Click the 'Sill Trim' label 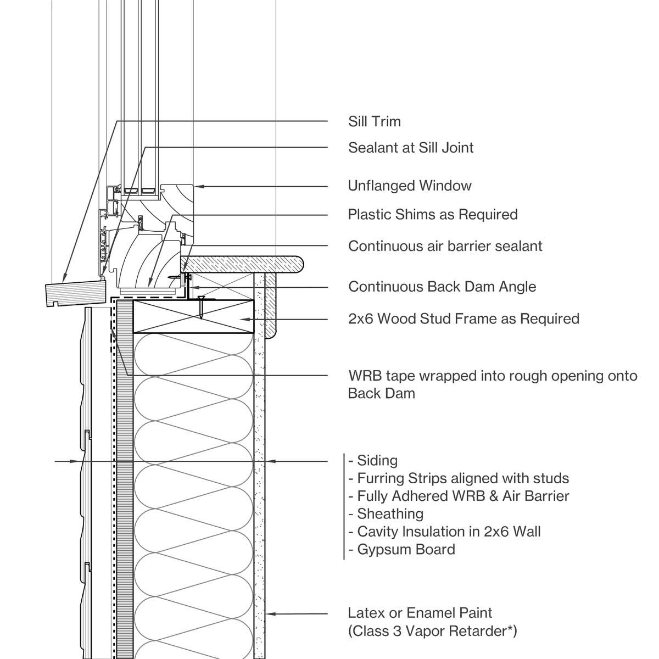coord(375,121)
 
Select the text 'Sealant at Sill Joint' coord(411,147)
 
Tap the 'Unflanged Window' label coord(410,186)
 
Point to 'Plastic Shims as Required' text coord(433,214)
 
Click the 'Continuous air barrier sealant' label coord(445,245)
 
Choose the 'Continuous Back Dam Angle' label coord(442,287)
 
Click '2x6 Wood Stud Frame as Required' coord(463,319)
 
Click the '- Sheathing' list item coord(386,514)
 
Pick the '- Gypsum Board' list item coord(402,549)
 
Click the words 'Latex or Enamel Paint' coord(420,613)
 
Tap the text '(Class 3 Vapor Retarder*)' coord(432,631)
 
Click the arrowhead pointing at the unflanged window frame coord(200,187)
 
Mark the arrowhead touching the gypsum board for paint coord(270,613)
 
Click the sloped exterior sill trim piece coord(75,293)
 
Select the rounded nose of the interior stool coord(299,264)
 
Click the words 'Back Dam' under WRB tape coord(381,393)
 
